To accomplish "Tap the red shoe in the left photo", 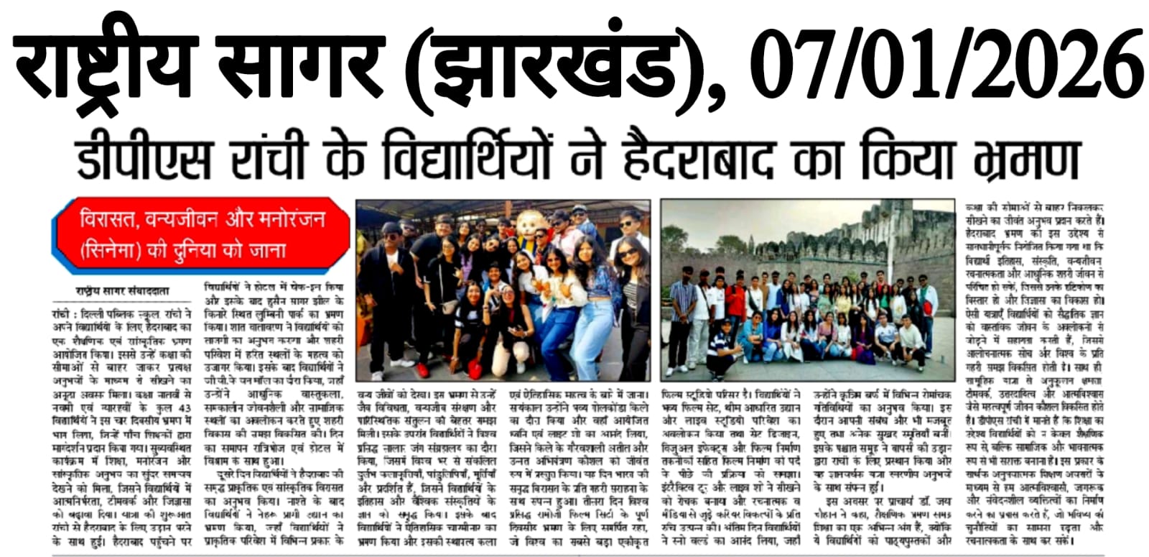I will [475, 369].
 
